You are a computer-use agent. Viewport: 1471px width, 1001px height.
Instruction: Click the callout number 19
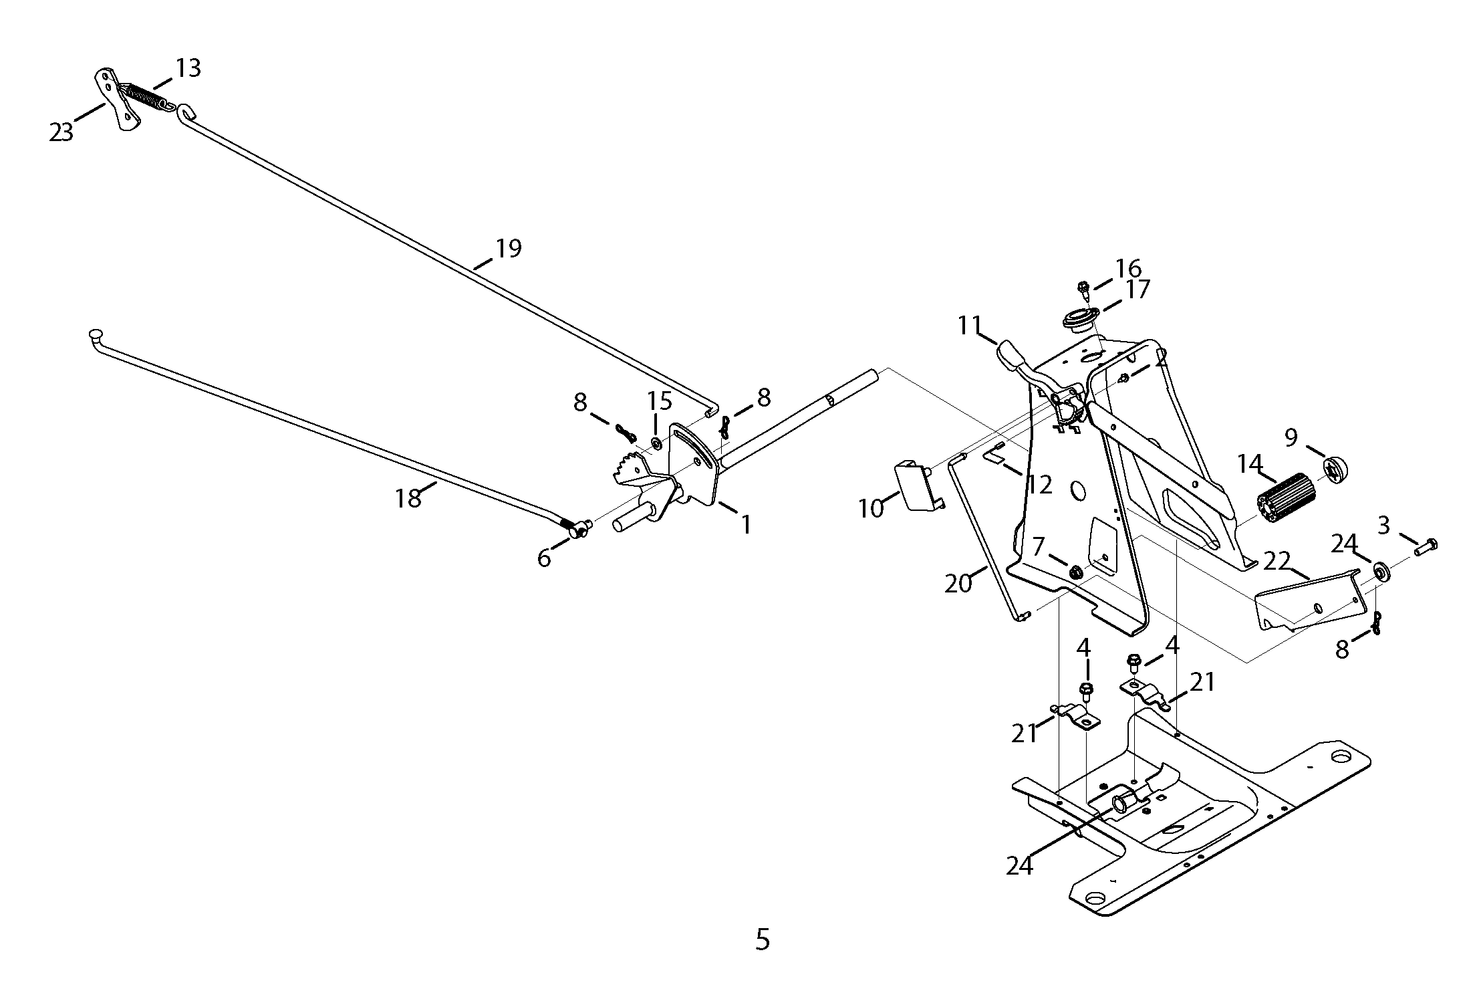point(508,249)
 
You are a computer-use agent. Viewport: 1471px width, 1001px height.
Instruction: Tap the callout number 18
point(408,498)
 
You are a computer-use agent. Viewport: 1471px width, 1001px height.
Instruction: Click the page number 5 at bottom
point(763,940)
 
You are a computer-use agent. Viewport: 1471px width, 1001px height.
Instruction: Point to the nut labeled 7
point(1077,572)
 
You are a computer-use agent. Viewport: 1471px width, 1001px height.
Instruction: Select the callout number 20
point(958,584)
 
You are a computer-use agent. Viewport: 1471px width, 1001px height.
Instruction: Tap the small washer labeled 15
point(656,444)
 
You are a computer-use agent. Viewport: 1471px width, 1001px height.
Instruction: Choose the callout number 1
point(746,524)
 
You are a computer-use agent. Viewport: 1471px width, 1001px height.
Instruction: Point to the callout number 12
point(1040,484)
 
